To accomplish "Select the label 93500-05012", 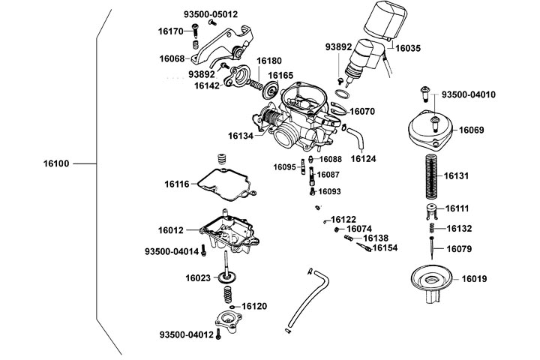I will [x=210, y=14].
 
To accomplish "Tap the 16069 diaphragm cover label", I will [x=472, y=130].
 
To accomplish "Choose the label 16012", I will [x=171, y=229].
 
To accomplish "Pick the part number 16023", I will [x=199, y=278].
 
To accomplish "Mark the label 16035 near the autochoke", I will [x=408, y=48].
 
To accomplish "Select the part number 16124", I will [x=363, y=159].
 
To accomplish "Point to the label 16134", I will [x=241, y=136].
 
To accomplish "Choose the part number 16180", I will [x=269, y=60].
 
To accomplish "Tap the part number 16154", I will [x=385, y=247].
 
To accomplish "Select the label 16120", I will [x=255, y=307].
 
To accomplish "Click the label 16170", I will [x=171, y=31].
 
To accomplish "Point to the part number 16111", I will [x=457, y=208].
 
